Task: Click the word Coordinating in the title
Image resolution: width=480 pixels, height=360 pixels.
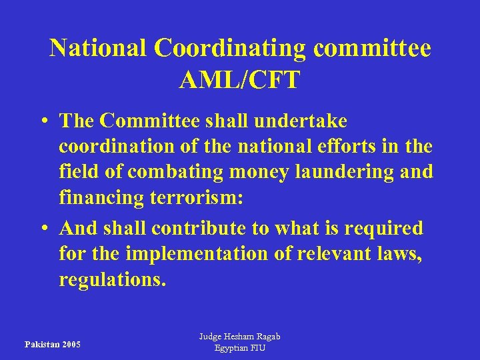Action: click(x=230, y=48)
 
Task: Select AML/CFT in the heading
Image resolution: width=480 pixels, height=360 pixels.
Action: click(x=239, y=80)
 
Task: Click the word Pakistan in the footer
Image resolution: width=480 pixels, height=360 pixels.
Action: click(x=41, y=345)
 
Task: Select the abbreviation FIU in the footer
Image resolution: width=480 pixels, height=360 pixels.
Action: click(x=257, y=348)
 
